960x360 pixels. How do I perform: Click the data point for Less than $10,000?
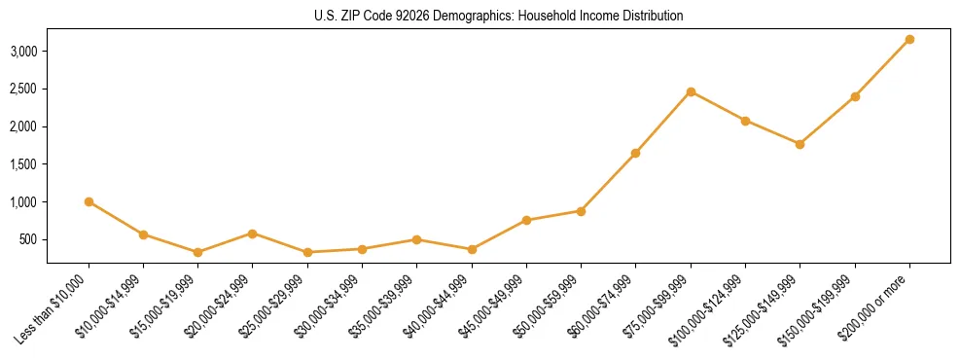[x=89, y=201]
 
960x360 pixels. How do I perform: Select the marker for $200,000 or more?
[x=909, y=39]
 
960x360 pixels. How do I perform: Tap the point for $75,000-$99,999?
[x=691, y=91]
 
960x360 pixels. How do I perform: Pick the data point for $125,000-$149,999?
[x=800, y=144]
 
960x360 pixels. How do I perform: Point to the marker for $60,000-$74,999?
[x=635, y=153]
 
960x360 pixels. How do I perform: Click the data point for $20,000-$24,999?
[x=253, y=234]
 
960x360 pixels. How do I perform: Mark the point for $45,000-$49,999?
[x=526, y=220]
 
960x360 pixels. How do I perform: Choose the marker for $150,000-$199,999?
[x=855, y=96]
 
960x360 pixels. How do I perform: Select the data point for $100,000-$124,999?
[x=745, y=121]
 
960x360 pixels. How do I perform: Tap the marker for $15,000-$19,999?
[x=198, y=252]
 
